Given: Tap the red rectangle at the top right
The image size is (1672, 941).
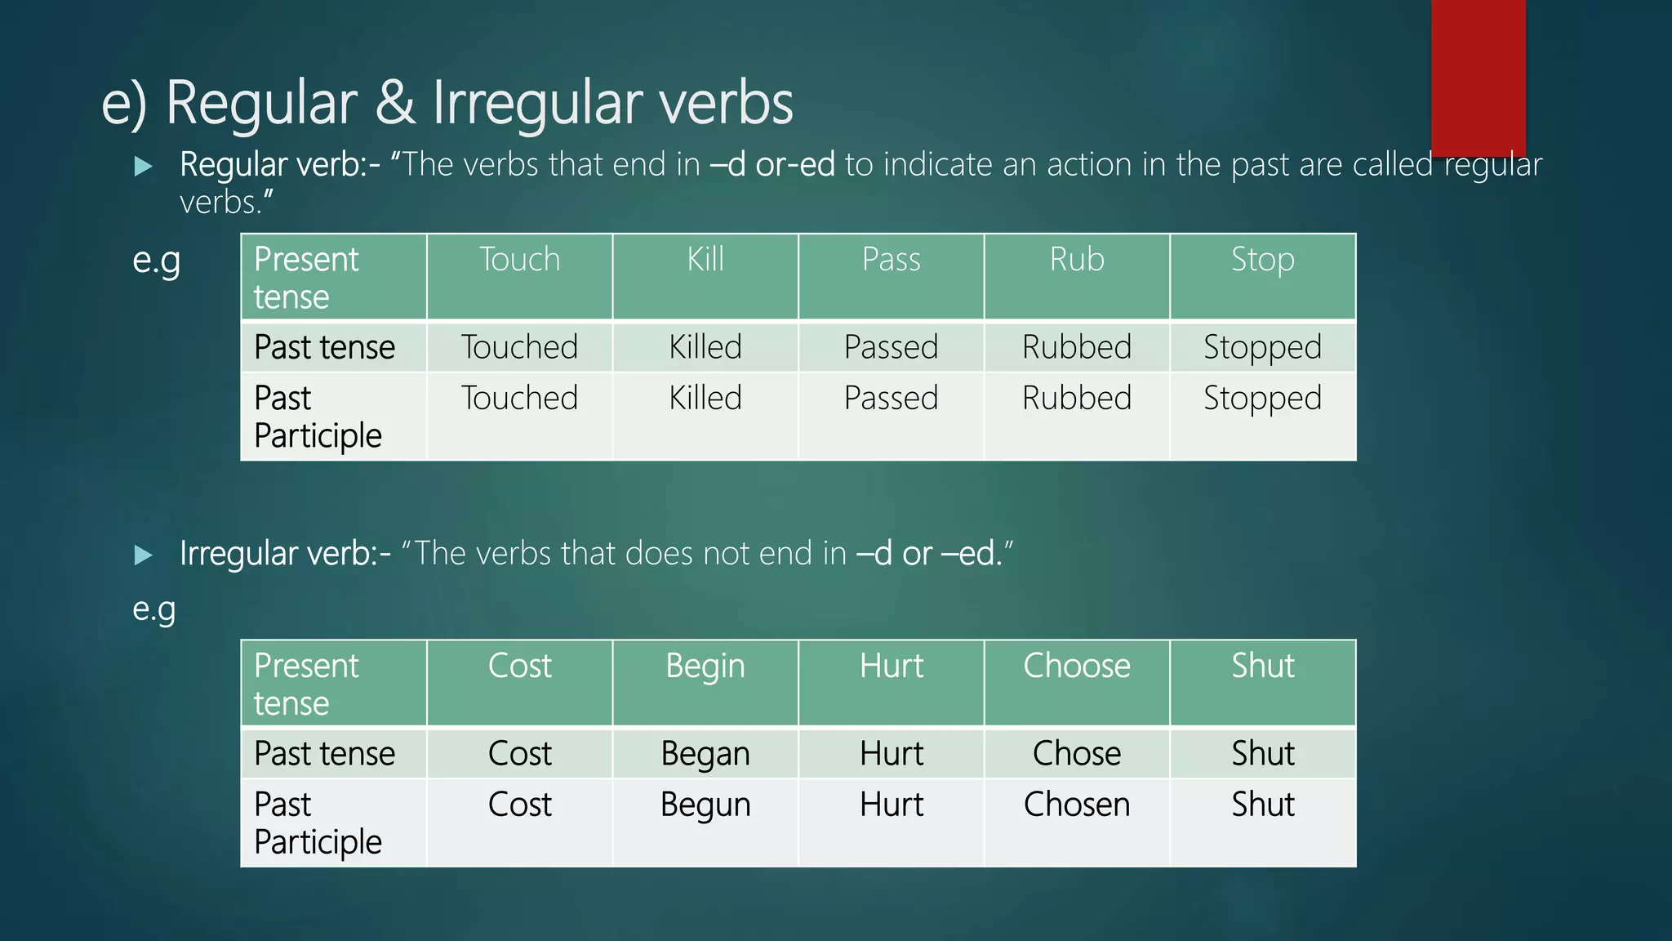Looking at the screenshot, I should pos(1478,78).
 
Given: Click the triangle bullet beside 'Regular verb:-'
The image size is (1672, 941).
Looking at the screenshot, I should pos(144,167).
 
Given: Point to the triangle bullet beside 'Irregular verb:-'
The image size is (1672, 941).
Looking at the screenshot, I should pos(144,555).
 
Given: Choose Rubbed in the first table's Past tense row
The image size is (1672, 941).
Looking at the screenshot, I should pos(1077,347).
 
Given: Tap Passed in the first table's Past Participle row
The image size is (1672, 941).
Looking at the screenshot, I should pos(891,399).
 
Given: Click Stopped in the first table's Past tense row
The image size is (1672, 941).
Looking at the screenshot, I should pos(1262,347).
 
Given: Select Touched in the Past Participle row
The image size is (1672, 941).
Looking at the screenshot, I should pos(519,399).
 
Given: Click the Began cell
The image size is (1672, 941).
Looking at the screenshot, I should pos(705,753).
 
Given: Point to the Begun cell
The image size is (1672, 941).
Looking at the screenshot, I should pos(705,805).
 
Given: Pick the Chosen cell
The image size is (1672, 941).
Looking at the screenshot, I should pos(1077,805).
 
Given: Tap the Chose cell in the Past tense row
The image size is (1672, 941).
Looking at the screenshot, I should pos(1077,753).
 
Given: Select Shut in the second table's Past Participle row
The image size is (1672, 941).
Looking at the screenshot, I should pos(1262,805).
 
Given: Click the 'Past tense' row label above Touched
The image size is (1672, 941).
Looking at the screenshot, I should pos(324,347).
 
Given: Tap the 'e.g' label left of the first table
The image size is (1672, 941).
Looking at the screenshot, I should pos(156,261).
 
